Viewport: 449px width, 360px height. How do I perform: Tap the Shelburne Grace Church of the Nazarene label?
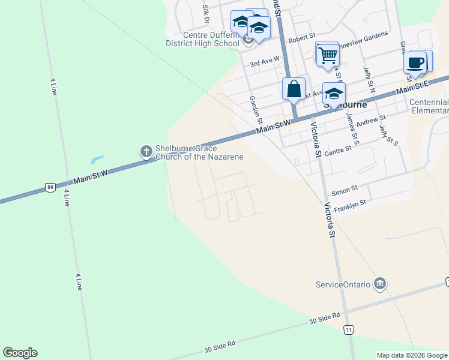199,153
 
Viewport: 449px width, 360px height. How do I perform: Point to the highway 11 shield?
349,330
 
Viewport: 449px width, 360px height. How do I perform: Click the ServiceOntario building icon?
379,283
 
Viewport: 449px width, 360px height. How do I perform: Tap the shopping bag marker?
294,89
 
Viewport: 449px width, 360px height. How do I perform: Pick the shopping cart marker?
328,55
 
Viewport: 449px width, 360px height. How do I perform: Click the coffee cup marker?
415,62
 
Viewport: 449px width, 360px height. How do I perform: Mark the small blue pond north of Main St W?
97,160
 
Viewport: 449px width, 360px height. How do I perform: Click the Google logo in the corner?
20,353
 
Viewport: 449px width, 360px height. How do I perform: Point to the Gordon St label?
256,107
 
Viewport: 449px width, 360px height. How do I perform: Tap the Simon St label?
344,190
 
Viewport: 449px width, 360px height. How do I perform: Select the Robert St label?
302,38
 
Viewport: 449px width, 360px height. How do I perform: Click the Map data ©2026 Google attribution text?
412,355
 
